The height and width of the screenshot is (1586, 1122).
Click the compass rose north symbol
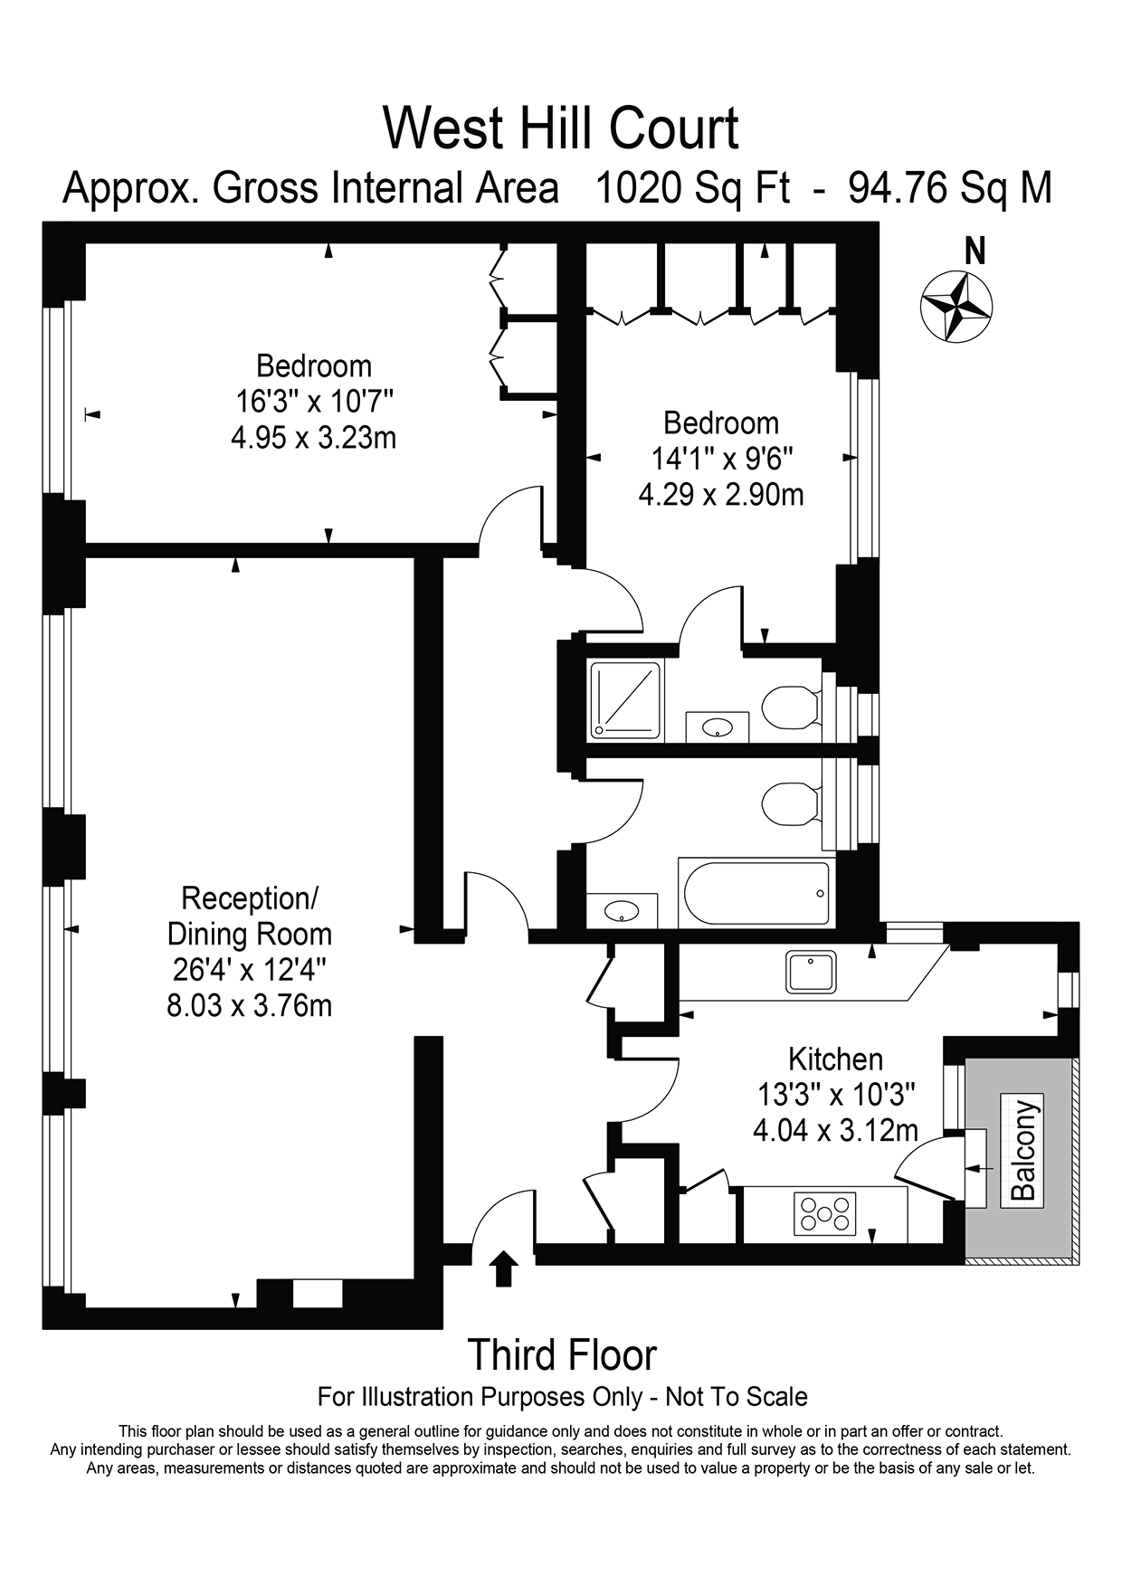point(956,306)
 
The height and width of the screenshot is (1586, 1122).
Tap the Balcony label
point(1022,1149)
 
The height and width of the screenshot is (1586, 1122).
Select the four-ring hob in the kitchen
point(824,1214)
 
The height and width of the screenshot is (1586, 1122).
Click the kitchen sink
point(812,972)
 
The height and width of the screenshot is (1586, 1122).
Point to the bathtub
point(756,893)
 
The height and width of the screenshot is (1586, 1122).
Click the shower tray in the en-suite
point(625,699)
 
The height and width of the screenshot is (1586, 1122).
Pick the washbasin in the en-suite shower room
point(718,727)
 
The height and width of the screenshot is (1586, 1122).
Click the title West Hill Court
point(561,128)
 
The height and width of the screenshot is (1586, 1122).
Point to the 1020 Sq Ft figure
point(692,188)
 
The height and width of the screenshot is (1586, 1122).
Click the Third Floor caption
point(562,1355)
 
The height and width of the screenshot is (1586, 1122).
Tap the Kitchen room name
point(835,1059)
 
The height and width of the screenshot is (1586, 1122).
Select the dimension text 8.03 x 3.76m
point(250,1005)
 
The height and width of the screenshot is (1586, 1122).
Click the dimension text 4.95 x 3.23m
point(314,438)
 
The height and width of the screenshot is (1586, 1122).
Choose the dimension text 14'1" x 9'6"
point(721,459)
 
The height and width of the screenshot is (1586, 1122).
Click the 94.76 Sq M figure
point(950,188)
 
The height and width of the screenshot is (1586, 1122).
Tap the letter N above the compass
point(975,251)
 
